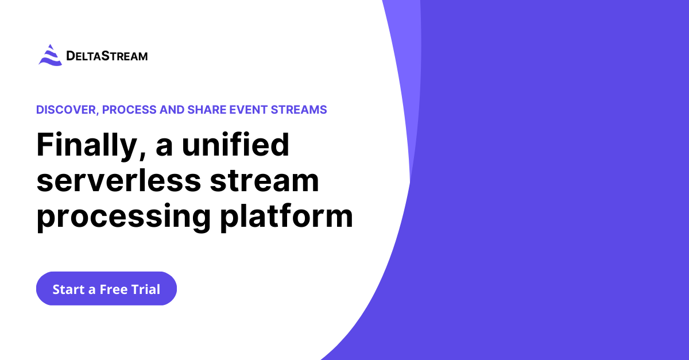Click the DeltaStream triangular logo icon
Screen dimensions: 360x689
coord(50,55)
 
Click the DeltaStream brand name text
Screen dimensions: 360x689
coord(107,56)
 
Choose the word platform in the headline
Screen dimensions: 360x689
coord(287,217)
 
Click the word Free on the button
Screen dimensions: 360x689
coord(114,289)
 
